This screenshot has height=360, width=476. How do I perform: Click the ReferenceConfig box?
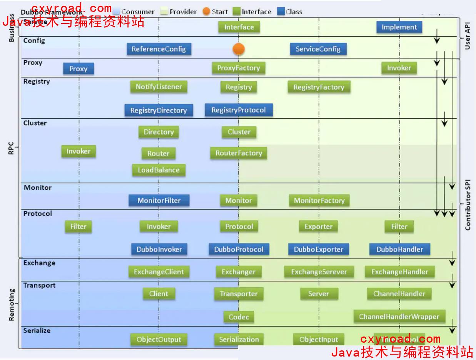159,49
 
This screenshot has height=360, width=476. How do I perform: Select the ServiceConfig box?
318,49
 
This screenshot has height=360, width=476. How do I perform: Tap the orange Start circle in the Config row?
239,49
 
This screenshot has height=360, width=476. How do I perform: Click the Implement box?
399,27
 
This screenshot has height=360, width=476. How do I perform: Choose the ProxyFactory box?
239,68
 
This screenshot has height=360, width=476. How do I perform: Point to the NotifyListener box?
159,87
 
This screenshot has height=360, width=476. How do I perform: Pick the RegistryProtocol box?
239,110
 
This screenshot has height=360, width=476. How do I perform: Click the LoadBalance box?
159,170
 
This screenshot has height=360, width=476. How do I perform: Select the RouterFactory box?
239,153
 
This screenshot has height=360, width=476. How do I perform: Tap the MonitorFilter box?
159,200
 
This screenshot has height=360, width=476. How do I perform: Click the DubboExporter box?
318,249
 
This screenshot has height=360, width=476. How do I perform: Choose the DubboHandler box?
399,249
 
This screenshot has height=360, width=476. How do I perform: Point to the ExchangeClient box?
159,272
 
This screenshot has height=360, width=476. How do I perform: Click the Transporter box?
239,294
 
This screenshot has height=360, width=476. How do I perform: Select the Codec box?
239,317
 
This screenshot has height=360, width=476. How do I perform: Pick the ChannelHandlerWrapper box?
399,316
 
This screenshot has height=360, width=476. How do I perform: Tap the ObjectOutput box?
159,340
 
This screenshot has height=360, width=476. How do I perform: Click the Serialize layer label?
37,330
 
